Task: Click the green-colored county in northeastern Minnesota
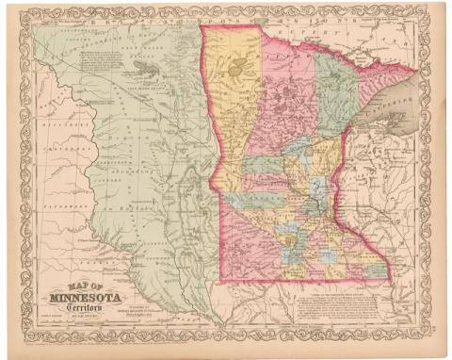point(338,94)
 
